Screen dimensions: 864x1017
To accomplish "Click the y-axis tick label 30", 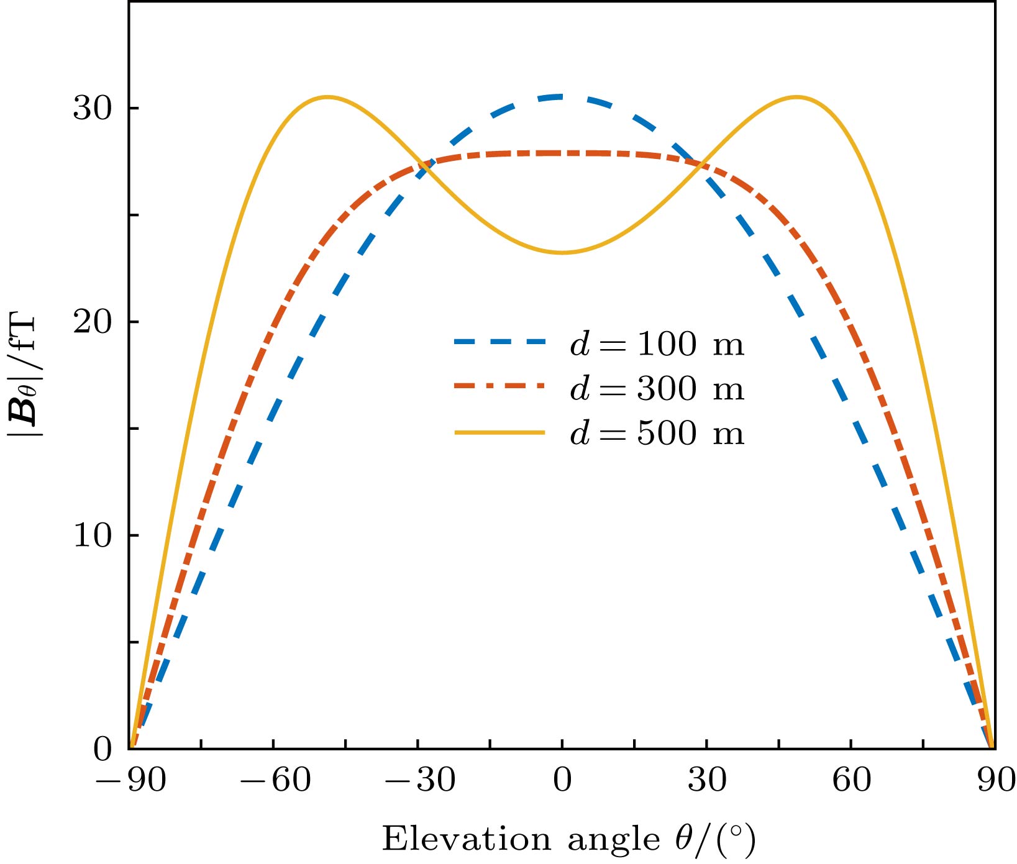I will [x=92, y=109].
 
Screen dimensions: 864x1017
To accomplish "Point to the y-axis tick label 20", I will [x=92, y=322].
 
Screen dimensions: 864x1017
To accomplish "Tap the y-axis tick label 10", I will [x=92, y=536].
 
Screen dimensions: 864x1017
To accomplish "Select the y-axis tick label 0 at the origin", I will [x=103, y=750].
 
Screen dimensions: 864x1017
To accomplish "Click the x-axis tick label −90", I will [x=130, y=780].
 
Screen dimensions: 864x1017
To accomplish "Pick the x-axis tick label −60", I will [x=275, y=780].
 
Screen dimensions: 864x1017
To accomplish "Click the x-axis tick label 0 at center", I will [x=562, y=780].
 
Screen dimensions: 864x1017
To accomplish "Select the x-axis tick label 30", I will [x=707, y=780].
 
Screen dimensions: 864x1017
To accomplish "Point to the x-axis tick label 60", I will [x=852, y=780].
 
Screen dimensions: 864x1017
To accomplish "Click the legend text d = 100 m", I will [x=657, y=344].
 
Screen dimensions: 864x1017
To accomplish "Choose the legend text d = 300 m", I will [x=657, y=389].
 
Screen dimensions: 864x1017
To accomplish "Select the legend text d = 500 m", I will [x=657, y=433].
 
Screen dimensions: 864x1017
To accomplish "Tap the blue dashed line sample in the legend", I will [x=500, y=342].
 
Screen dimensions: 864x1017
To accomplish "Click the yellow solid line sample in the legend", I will [x=500, y=432].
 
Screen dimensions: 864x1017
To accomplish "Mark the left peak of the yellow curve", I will [x=327, y=97].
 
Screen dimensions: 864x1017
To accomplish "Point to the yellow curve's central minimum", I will [x=562, y=252].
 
